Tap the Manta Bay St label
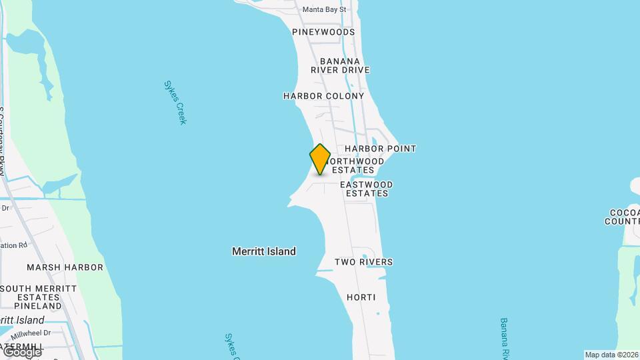pyautogui.click(x=324, y=9)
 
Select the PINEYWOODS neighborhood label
pyautogui.click(x=323, y=32)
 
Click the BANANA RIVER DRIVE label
pyautogui.click(x=340, y=65)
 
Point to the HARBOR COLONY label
pyautogui.click(x=323, y=96)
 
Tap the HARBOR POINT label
pyautogui.click(x=380, y=149)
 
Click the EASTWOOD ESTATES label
pyautogui.click(x=366, y=189)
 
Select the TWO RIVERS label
pyautogui.click(x=363, y=262)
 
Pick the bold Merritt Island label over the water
pyautogui.click(x=264, y=251)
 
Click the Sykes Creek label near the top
pyautogui.click(x=175, y=103)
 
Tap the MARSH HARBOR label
pyautogui.click(x=65, y=267)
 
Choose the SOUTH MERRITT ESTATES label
pyautogui.click(x=38, y=293)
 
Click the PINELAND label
pyautogui.click(x=38, y=306)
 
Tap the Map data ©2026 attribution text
pyautogui.click(x=611, y=355)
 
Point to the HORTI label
pyautogui.click(x=361, y=297)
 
